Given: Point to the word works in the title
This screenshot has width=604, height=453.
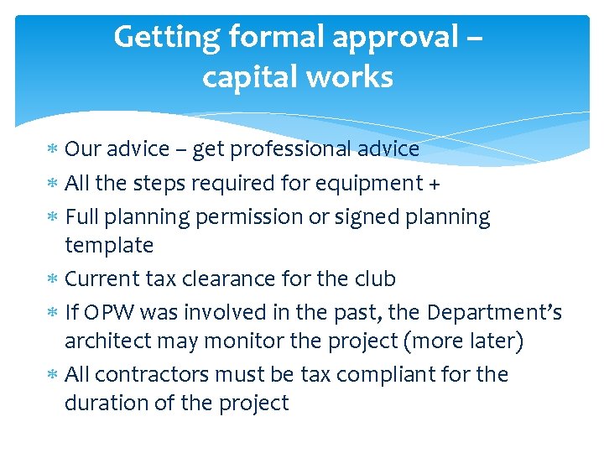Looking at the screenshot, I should pyautogui.click(x=351, y=77).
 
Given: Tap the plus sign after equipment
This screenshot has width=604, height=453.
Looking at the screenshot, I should pyautogui.click(x=435, y=183).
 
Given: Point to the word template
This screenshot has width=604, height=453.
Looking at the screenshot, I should pyautogui.click(x=109, y=245).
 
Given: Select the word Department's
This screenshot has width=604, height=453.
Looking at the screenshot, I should pyautogui.click(x=495, y=312).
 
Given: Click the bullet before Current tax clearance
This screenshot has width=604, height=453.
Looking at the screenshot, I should pyautogui.click(x=52, y=279).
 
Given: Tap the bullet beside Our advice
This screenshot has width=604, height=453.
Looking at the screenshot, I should pyautogui.click(x=52, y=150).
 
